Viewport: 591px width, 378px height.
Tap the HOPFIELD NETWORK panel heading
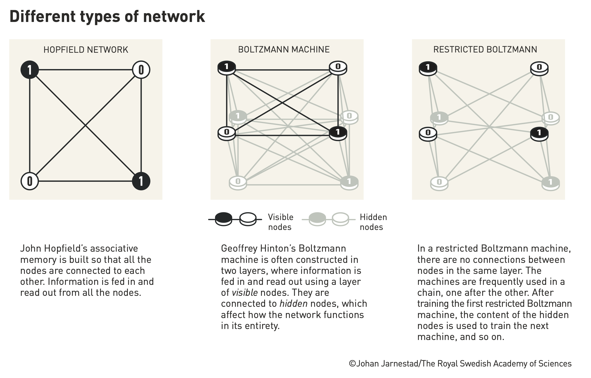[x=86, y=50]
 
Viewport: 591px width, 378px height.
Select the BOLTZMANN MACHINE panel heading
[x=284, y=50]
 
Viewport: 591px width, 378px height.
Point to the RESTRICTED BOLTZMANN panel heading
[x=485, y=50]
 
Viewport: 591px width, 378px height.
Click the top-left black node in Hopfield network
[x=30, y=70]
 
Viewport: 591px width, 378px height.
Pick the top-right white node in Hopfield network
[x=141, y=70]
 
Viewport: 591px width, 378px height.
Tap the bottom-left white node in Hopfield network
[x=30, y=181]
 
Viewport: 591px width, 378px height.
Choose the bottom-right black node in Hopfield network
[x=141, y=181]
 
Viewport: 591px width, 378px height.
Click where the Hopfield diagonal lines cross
[x=85, y=125]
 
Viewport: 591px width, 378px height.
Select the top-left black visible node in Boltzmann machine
[x=227, y=68]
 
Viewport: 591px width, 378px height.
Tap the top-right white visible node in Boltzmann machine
[x=338, y=68]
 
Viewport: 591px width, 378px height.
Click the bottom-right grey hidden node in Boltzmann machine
[x=349, y=183]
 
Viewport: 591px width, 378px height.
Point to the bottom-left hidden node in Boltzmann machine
[x=238, y=183]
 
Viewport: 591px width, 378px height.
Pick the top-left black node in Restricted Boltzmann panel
[x=428, y=68]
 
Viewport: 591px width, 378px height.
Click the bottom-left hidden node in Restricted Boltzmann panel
[x=439, y=184]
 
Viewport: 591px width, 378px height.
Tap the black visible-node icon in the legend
[x=224, y=219]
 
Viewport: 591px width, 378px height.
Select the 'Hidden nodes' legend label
[x=373, y=222]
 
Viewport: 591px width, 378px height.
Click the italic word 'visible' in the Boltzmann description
[x=245, y=293]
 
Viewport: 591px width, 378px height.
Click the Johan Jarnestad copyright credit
[x=460, y=364]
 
